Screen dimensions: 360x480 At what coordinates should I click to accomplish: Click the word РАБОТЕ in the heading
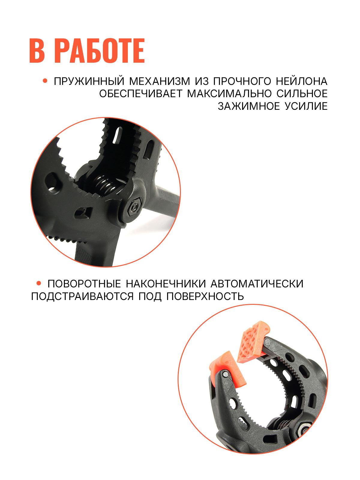tap(100, 51)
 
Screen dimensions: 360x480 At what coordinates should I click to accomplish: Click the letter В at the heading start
tap(37, 51)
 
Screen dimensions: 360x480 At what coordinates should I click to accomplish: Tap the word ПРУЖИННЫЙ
tap(89, 82)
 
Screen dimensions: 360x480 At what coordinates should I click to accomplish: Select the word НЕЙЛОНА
tap(301, 81)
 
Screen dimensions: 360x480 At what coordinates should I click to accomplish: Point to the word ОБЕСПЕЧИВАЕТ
tap(141, 94)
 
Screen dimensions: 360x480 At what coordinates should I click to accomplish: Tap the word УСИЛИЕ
tap(306, 106)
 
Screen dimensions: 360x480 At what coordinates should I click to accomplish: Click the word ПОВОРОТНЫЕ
tap(84, 284)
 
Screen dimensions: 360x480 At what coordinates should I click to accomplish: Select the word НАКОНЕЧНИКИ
tap(166, 284)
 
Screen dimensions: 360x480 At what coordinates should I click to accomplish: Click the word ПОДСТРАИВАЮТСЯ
tap(82, 297)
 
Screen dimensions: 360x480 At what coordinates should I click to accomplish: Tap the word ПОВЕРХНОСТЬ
tap(205, 296)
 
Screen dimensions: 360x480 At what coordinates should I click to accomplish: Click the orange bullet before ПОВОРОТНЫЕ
tap(39, 283)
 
